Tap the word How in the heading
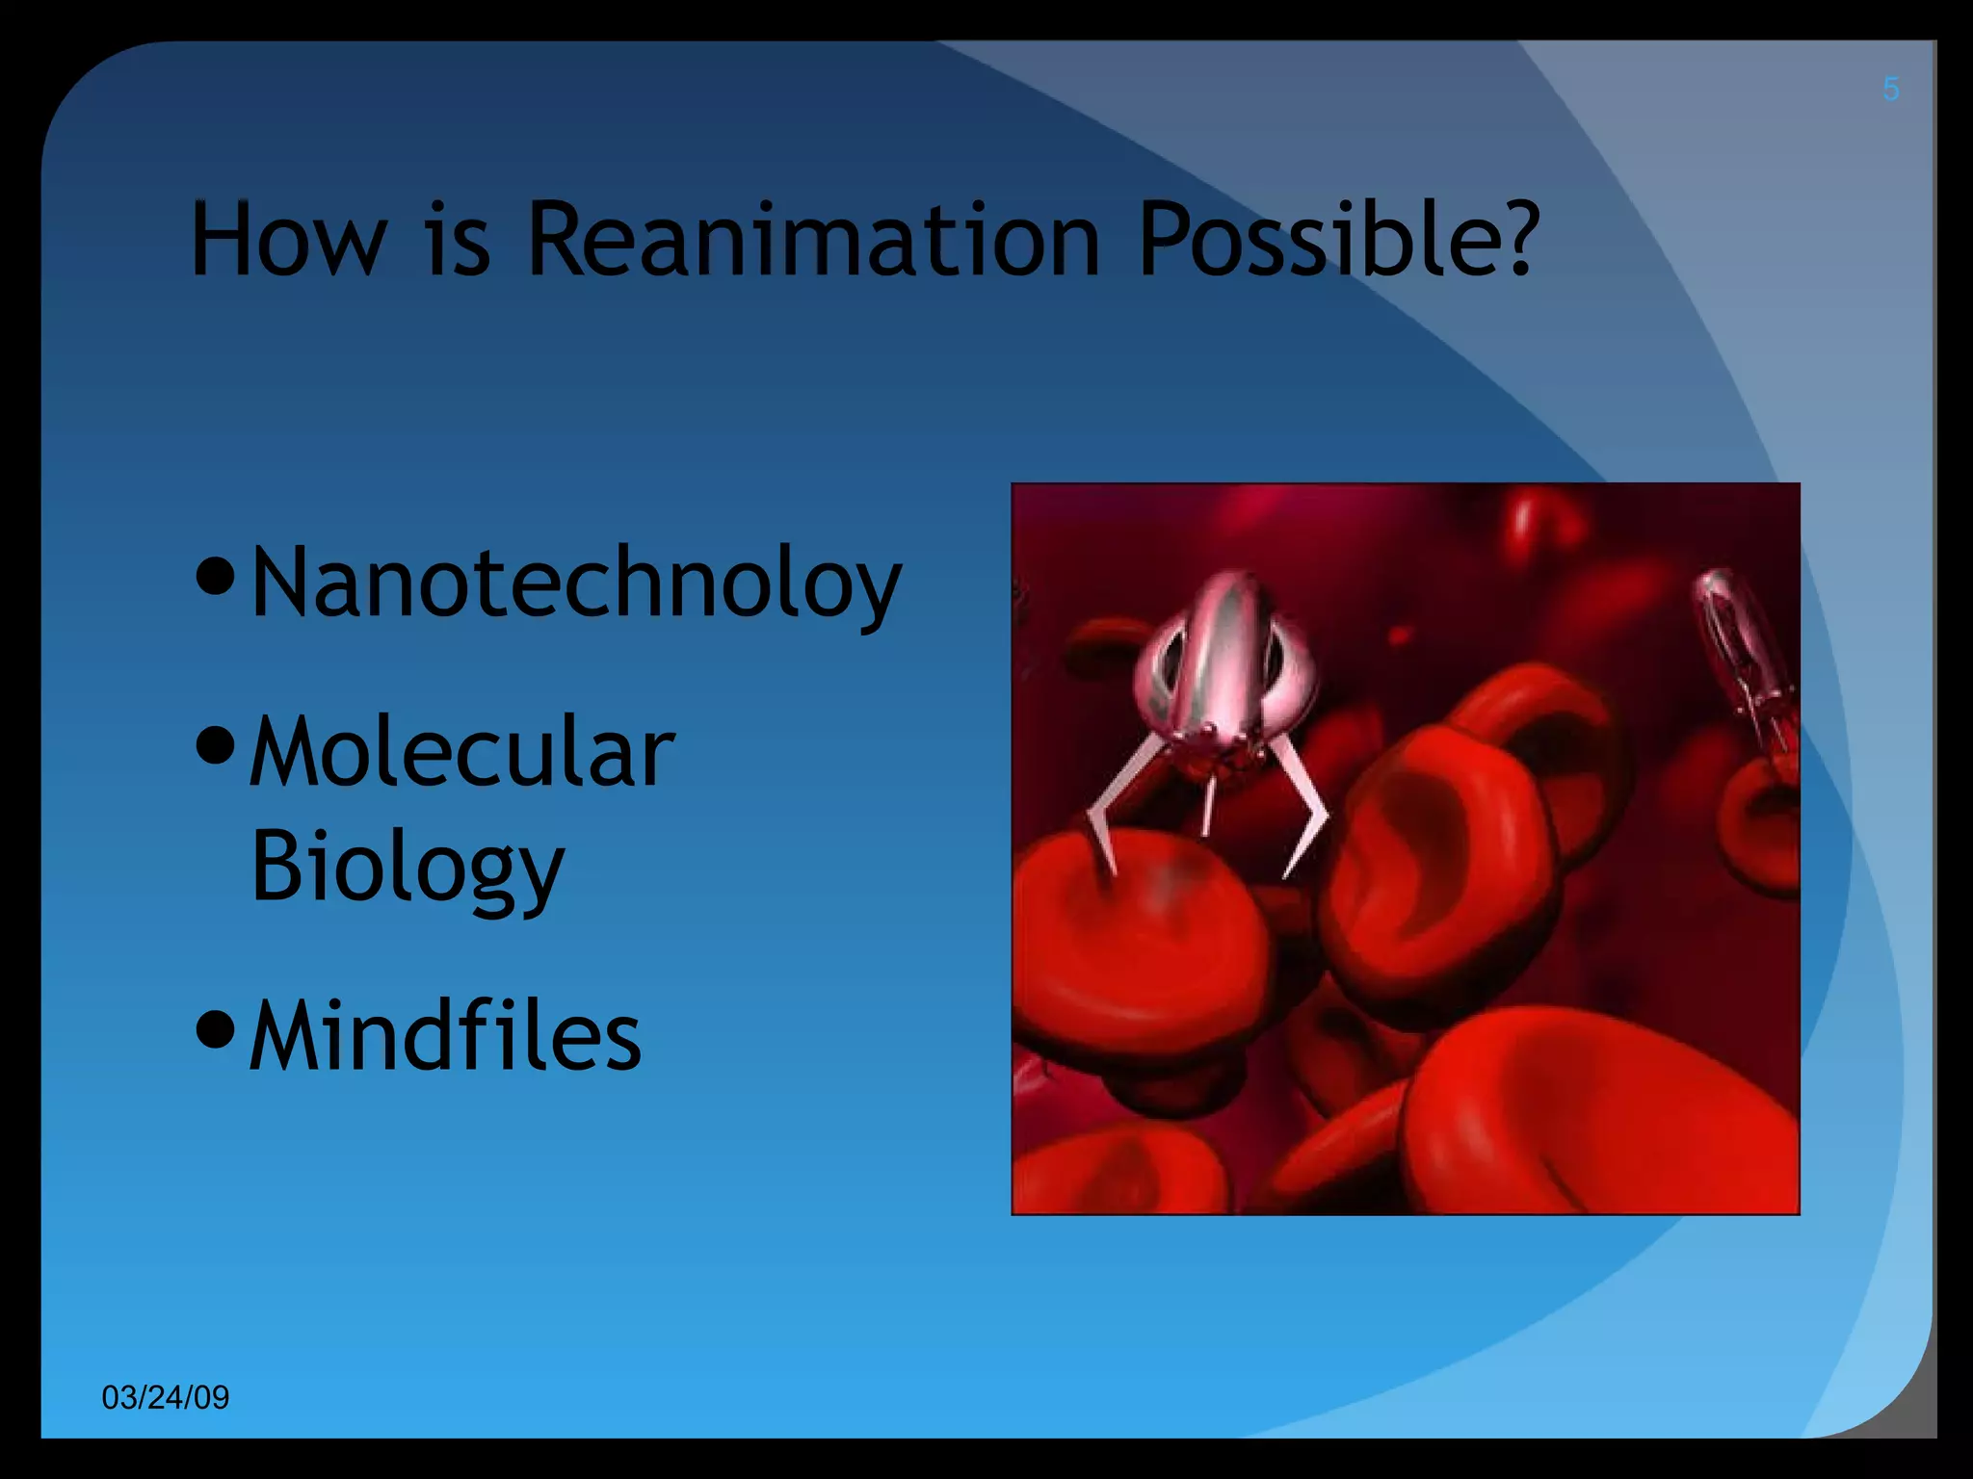tap(288, 240)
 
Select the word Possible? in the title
tap(1339, 240)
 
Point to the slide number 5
tap(1890, 91)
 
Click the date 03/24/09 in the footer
tap(166, 1397)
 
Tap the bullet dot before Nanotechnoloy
tap(215, 575)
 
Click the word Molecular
tap(461, 752)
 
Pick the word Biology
tap(407, 867)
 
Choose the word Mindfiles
tap(444, 1036)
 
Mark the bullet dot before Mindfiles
tap(215, 1028)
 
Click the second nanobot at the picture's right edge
tap(1744, 655)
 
